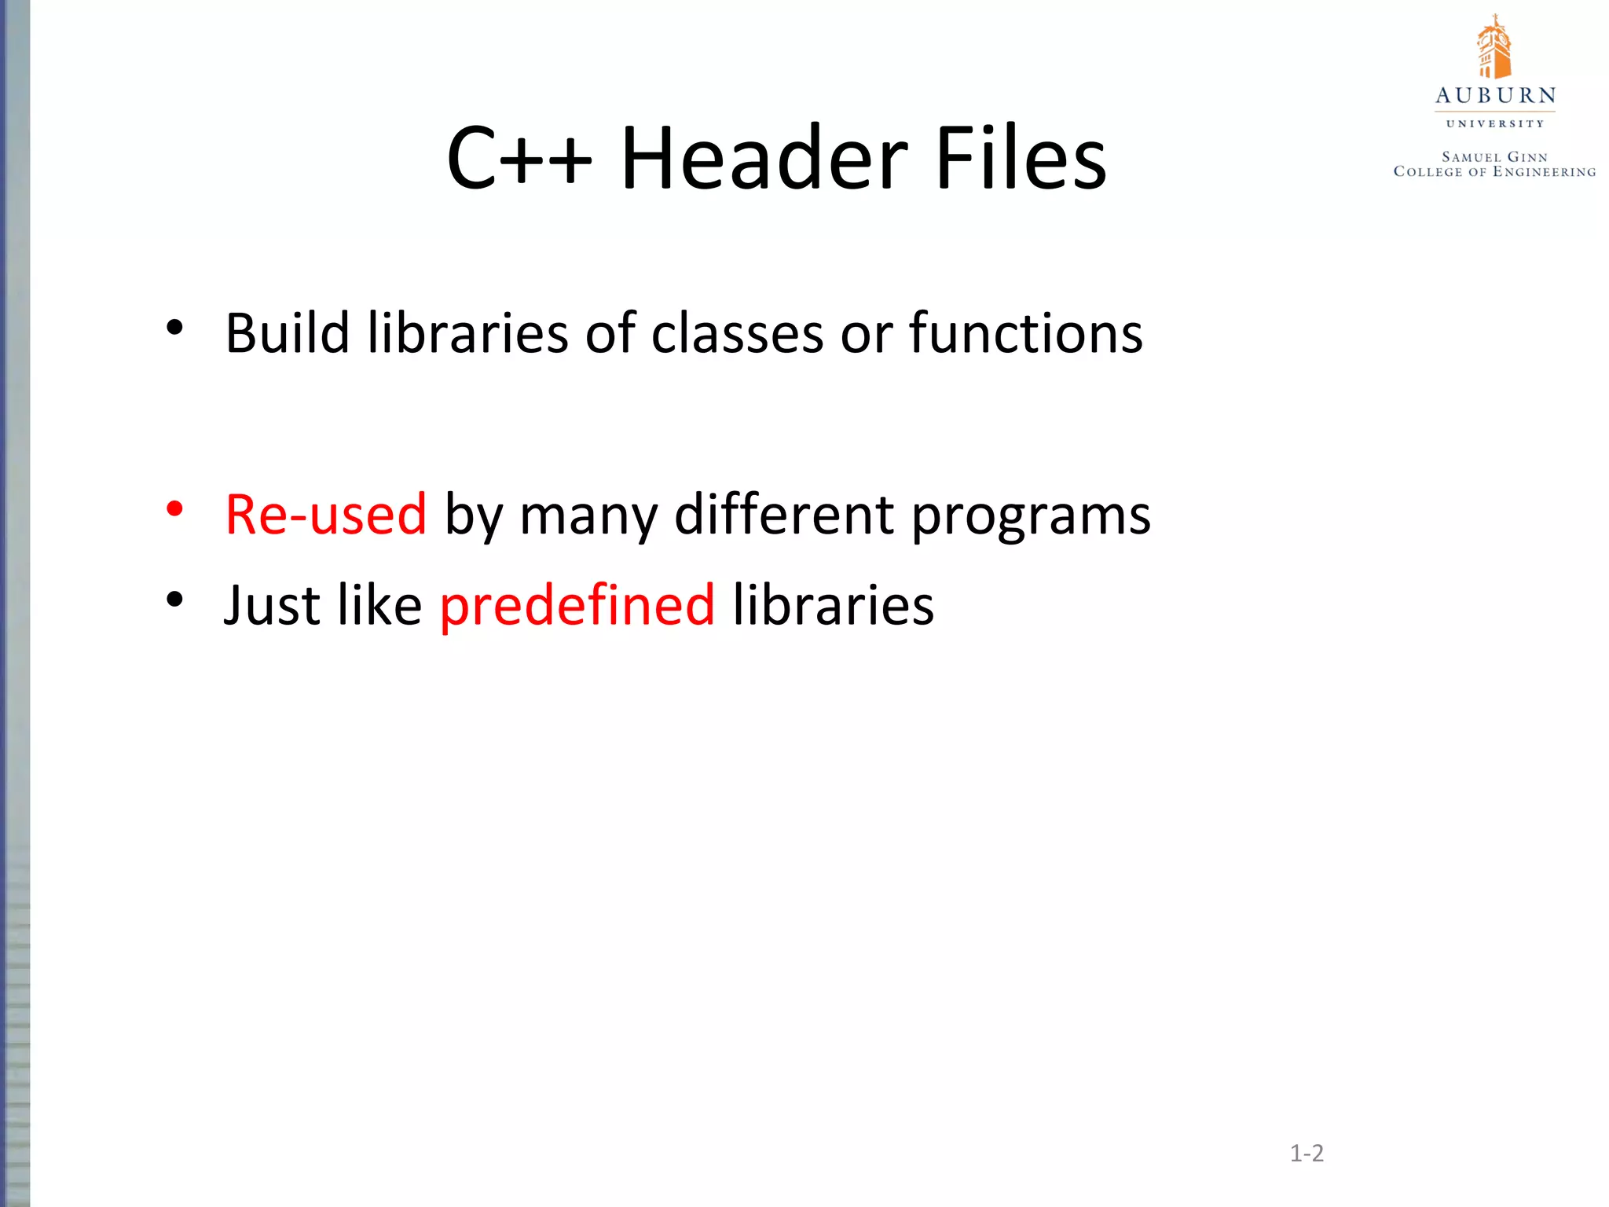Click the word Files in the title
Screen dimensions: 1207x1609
(x=1021, y=159)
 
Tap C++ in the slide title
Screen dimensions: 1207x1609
(x=519, y=159)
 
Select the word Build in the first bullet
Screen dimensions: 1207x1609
(x=287, y=333)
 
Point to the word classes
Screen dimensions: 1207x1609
(x=738, y=333)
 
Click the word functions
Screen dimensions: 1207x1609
(x=1025, y=333)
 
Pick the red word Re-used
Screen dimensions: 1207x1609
(x=325, y=515)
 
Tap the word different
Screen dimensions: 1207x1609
(x=784, y=515)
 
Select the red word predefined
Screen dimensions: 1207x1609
(x=577, y=607)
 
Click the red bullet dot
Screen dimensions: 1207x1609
(x=174, y=508)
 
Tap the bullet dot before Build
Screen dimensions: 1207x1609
(x=174, y=327)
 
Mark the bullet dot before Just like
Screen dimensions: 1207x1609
(x=174, y=600)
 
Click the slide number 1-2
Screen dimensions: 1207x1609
(x=1307, y=1154)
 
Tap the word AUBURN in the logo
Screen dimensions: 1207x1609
(x=1495, y=96)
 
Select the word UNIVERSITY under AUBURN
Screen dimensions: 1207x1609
(x=1495, y=123)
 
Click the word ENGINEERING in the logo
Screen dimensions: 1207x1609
(x=1544, y=172)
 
